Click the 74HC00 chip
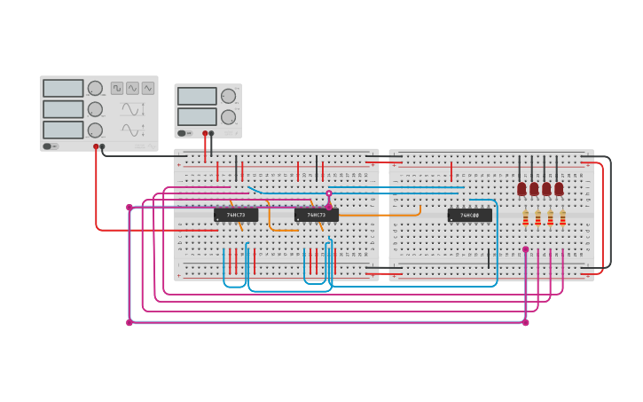coord(469,215)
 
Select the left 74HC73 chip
coord(236,215)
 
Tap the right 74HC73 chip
coord(317,215)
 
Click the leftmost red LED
coord(521,189)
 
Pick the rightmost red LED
coord(559,189)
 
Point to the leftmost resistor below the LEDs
coord(525,217)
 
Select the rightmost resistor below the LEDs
coord(562,217)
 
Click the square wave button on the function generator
coord(117,88)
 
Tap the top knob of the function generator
coord(95,89)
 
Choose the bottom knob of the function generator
coord(95,130)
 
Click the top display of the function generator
coord(63,89)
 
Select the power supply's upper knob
coord(228,96)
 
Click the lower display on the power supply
coord(197,116)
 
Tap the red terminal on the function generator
coord(96,146)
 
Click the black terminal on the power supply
coord(211,134)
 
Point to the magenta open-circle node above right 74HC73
coord(329,193)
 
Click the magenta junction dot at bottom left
coord(129,322)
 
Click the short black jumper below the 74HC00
coord(488,258)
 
